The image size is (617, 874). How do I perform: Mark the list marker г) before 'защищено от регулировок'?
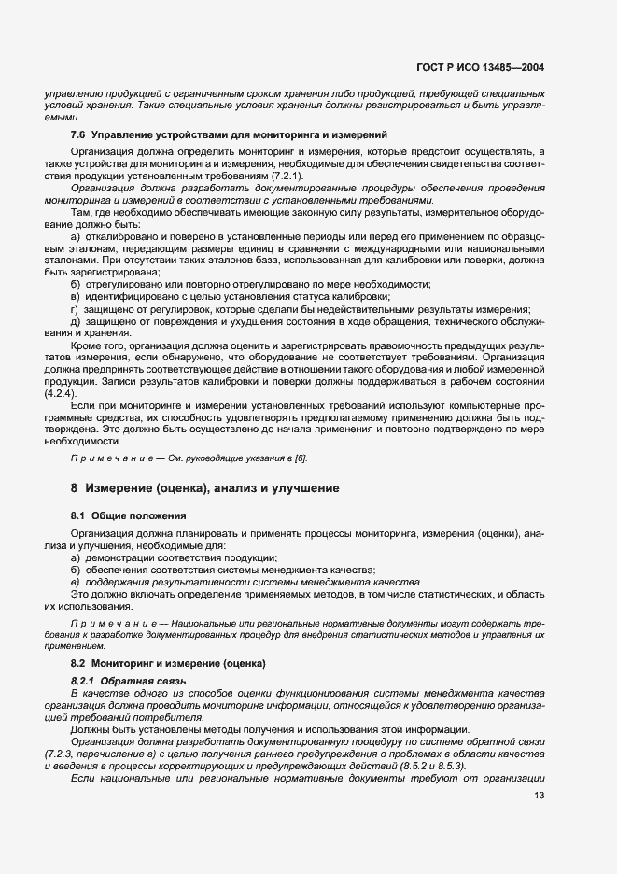tap(76, 309)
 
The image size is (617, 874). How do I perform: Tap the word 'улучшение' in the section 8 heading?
tap(286, 488)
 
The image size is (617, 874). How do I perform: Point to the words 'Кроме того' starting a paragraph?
tap(97, 345)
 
